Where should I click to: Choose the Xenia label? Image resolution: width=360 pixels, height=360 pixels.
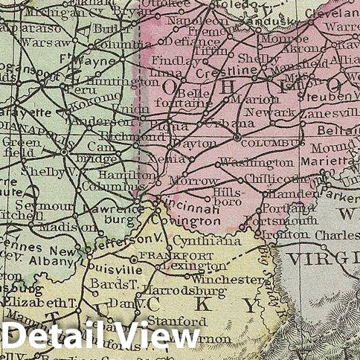[x=173, y=159]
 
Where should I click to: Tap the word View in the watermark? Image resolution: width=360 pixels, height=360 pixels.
[x=152, y=336]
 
